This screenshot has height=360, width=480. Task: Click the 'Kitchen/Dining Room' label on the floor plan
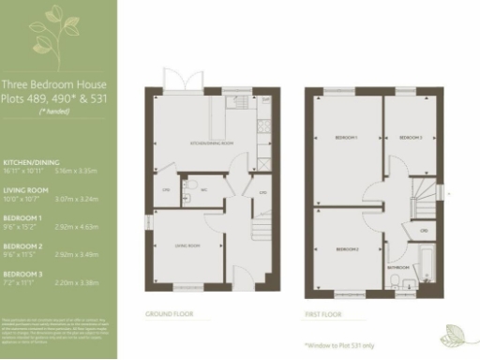[x=211, y=143]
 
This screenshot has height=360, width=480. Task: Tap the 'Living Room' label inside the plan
[x=187, y=246]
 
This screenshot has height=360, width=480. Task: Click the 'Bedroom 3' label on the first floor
[x=411, y=138]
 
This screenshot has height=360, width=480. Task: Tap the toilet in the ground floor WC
[x=188, y=187]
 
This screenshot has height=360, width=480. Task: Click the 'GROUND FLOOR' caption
[x=169, y=313]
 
